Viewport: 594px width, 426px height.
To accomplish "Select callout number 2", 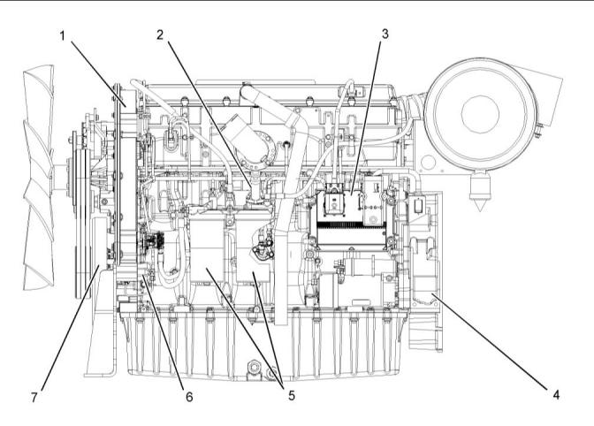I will [x=160, y=34].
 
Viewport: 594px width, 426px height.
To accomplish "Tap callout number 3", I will [x=385, y=34].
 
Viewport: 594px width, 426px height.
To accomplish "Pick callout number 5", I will [x=291, y=395].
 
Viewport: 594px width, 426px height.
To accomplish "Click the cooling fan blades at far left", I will [x=38, y=168].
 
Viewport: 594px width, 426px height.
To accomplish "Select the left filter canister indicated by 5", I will [x=210, y=256].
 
